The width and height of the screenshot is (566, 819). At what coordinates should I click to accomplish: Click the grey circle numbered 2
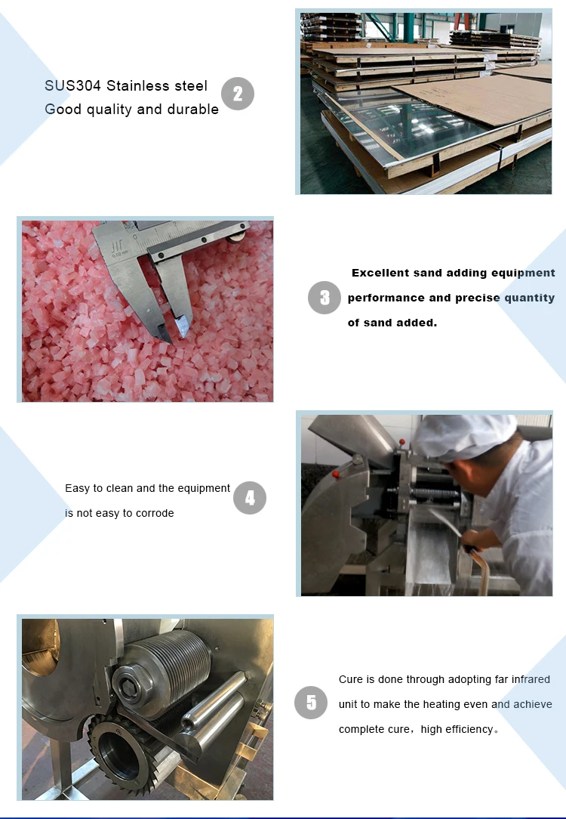click(x=238, y=94)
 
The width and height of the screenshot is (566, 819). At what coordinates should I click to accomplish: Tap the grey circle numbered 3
click(x=325, y=298)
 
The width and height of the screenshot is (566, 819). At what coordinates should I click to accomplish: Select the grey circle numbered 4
click(x=250, y=498)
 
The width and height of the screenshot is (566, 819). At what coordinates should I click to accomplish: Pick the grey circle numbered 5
click(x=311, y=703)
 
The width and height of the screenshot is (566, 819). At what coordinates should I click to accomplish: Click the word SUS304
click(x=72, y=85)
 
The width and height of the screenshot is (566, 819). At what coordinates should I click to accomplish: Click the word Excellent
click(x=380, y=273)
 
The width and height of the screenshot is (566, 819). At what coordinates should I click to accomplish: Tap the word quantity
click(x=530, y=298)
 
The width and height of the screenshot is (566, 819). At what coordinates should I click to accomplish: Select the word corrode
click(x=155, y=513)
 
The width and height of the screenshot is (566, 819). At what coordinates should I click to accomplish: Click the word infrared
click(x=531, y=679)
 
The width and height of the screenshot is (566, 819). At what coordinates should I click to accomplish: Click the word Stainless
click(x=131, y=85)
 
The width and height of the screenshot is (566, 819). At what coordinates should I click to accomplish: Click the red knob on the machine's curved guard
click(x=336, y=474)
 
